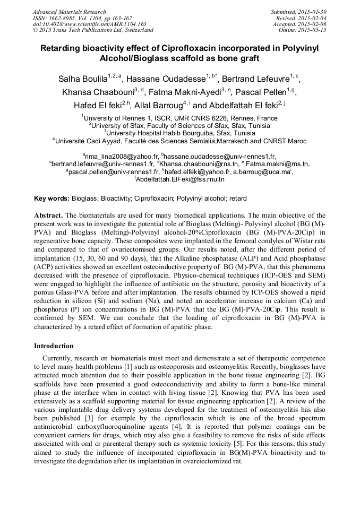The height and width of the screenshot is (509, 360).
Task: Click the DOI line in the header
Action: click(89, 24)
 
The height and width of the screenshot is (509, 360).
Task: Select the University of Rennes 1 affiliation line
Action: click(180, 118)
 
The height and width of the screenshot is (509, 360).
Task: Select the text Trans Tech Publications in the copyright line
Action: click(74, 30)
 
